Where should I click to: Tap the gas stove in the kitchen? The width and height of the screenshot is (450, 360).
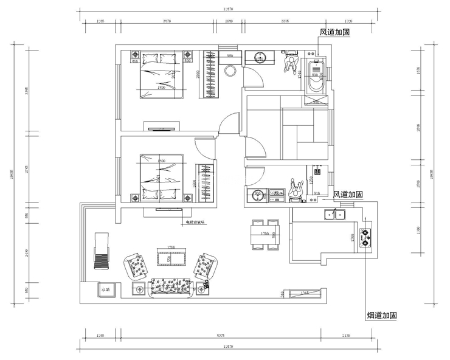[367, 237]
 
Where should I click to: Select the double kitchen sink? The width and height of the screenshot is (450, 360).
[333, 213]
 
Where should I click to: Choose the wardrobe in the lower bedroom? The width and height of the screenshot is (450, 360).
[204, 182]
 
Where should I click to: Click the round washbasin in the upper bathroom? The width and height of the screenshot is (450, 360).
[260, 58]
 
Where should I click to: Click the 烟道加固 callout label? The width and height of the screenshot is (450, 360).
[382, 316]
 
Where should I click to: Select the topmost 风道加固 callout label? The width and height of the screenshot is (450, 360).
[335, 32]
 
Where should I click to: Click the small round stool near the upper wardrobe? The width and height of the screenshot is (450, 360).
[230, 69]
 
